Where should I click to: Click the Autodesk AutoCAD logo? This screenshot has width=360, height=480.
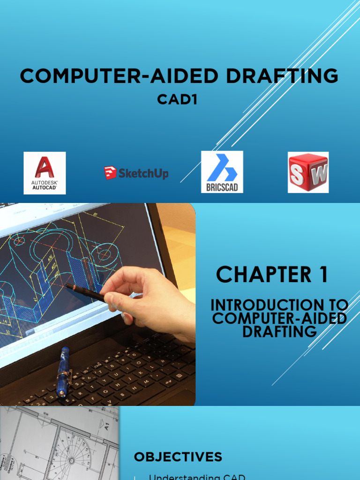(45, 173)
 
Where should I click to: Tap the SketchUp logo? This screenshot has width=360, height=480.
(136, 173)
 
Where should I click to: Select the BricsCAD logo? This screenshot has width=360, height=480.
(222, 172)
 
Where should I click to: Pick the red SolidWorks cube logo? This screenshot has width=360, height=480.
(308, 172)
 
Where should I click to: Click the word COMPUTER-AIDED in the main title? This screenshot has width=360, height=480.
(113, 75)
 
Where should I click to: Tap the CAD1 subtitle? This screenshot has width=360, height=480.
(177, 99)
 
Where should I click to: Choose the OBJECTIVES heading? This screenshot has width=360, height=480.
(178, 457)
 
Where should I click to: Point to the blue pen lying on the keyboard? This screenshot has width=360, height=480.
(63, 371)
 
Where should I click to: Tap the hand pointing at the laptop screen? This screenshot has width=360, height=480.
(150, 300)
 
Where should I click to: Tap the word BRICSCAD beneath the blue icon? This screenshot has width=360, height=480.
(222, 187)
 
